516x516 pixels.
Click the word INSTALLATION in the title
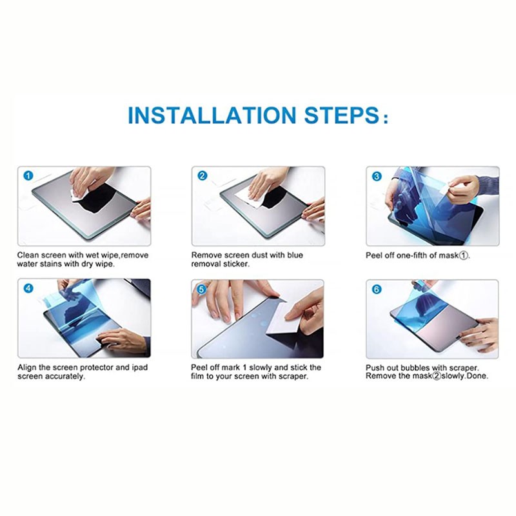tap(212, 115)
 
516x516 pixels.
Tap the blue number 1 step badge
tap(28, 175)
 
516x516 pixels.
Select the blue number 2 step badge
tap(203, 175)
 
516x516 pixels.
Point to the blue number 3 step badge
tap(377, 176)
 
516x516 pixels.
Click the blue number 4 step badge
tap(28, 288)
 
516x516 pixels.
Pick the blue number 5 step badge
tap(202, 289)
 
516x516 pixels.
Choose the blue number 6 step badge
tap(377, 289)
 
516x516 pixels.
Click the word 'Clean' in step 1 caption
tap(28, 255)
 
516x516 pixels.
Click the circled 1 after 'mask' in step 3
tap(463, 255)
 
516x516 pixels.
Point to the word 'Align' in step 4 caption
tap(26, 367)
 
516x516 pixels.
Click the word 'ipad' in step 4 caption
tap(139, 368)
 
